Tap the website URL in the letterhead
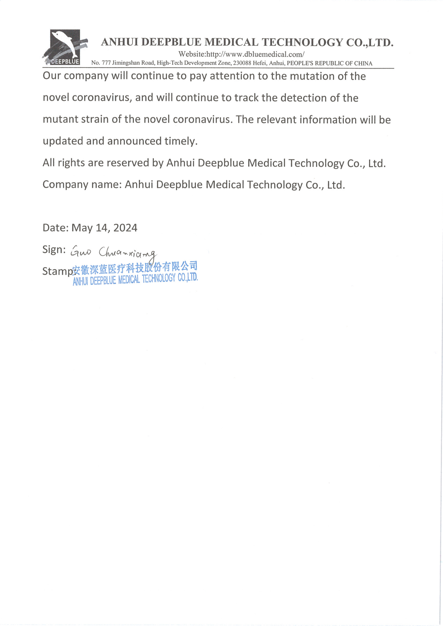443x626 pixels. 241,54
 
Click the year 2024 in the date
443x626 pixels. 125,228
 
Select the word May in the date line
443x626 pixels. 82,228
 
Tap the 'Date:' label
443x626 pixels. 55,228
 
